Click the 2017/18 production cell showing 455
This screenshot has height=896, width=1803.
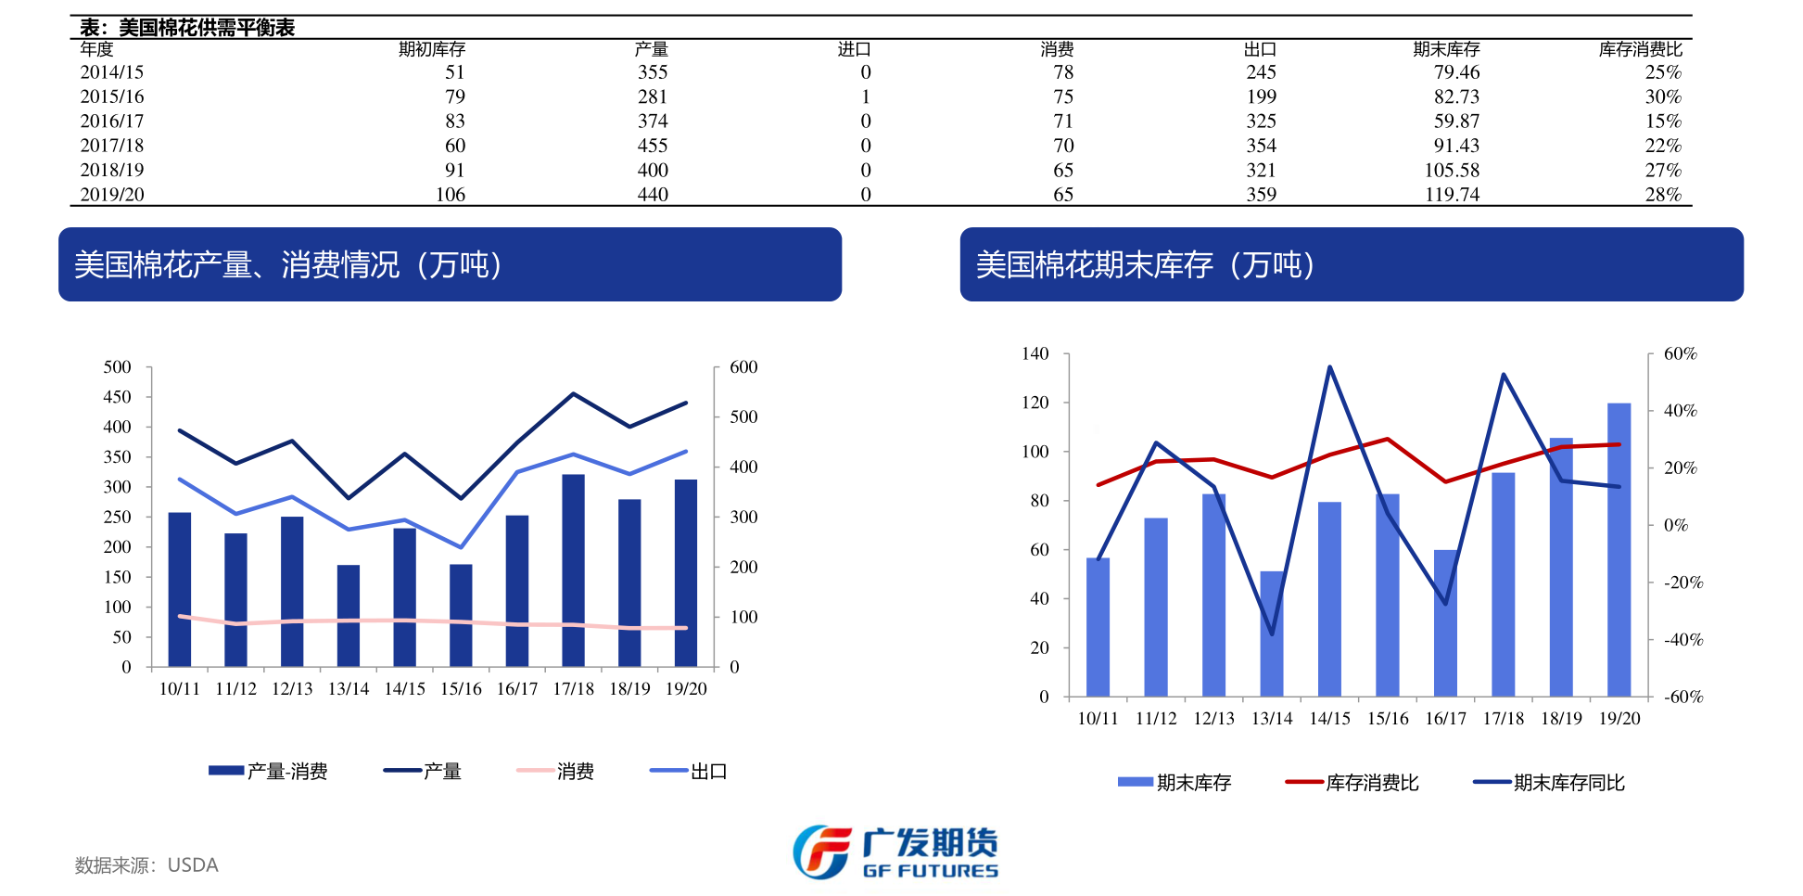tap(652, 146)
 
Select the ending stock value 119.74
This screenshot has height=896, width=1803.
tap(1452, 195)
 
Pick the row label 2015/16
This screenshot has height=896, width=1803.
tap(112, 96)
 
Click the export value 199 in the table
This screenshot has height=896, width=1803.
tap(1261, 96)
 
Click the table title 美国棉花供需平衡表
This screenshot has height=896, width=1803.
tap(206, 27)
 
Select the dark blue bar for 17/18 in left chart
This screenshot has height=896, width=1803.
tap(573, 570)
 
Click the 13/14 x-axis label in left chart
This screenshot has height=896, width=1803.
tap(349, 689)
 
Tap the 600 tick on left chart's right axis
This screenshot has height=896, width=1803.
tap(743, 367)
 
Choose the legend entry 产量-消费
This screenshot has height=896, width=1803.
tap(269, 772)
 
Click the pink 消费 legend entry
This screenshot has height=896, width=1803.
tap(556, 772)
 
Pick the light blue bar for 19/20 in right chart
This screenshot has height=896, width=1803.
tap(1619, 549)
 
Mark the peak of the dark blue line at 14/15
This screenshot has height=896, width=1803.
tap(1329, 367)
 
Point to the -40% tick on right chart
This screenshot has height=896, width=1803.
tap(1682, 640)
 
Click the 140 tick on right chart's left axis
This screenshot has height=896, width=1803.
tap(1035, 353)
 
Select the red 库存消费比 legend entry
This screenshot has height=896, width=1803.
tap(1352, 783)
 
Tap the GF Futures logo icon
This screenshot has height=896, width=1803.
tap(821, 851)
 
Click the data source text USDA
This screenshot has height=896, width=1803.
tap(193, 865)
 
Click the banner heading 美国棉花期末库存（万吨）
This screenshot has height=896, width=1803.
tap(1145, 265)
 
